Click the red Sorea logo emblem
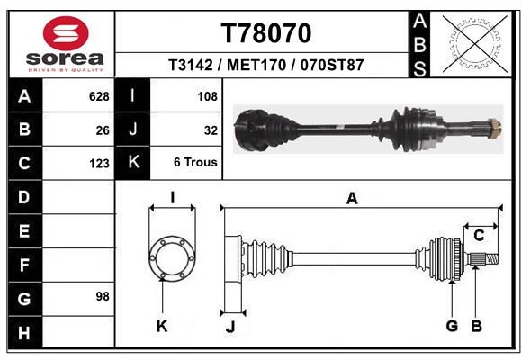[66, 33]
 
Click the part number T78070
[266, 33]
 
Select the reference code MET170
[256, 65]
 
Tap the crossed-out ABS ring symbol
[475, 43]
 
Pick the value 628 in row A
[99, 96]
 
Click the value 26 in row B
[103, 130]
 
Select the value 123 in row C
[99, 164]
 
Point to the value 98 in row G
[103, 296]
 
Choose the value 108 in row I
[207, 96]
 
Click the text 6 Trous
[195, 162]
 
